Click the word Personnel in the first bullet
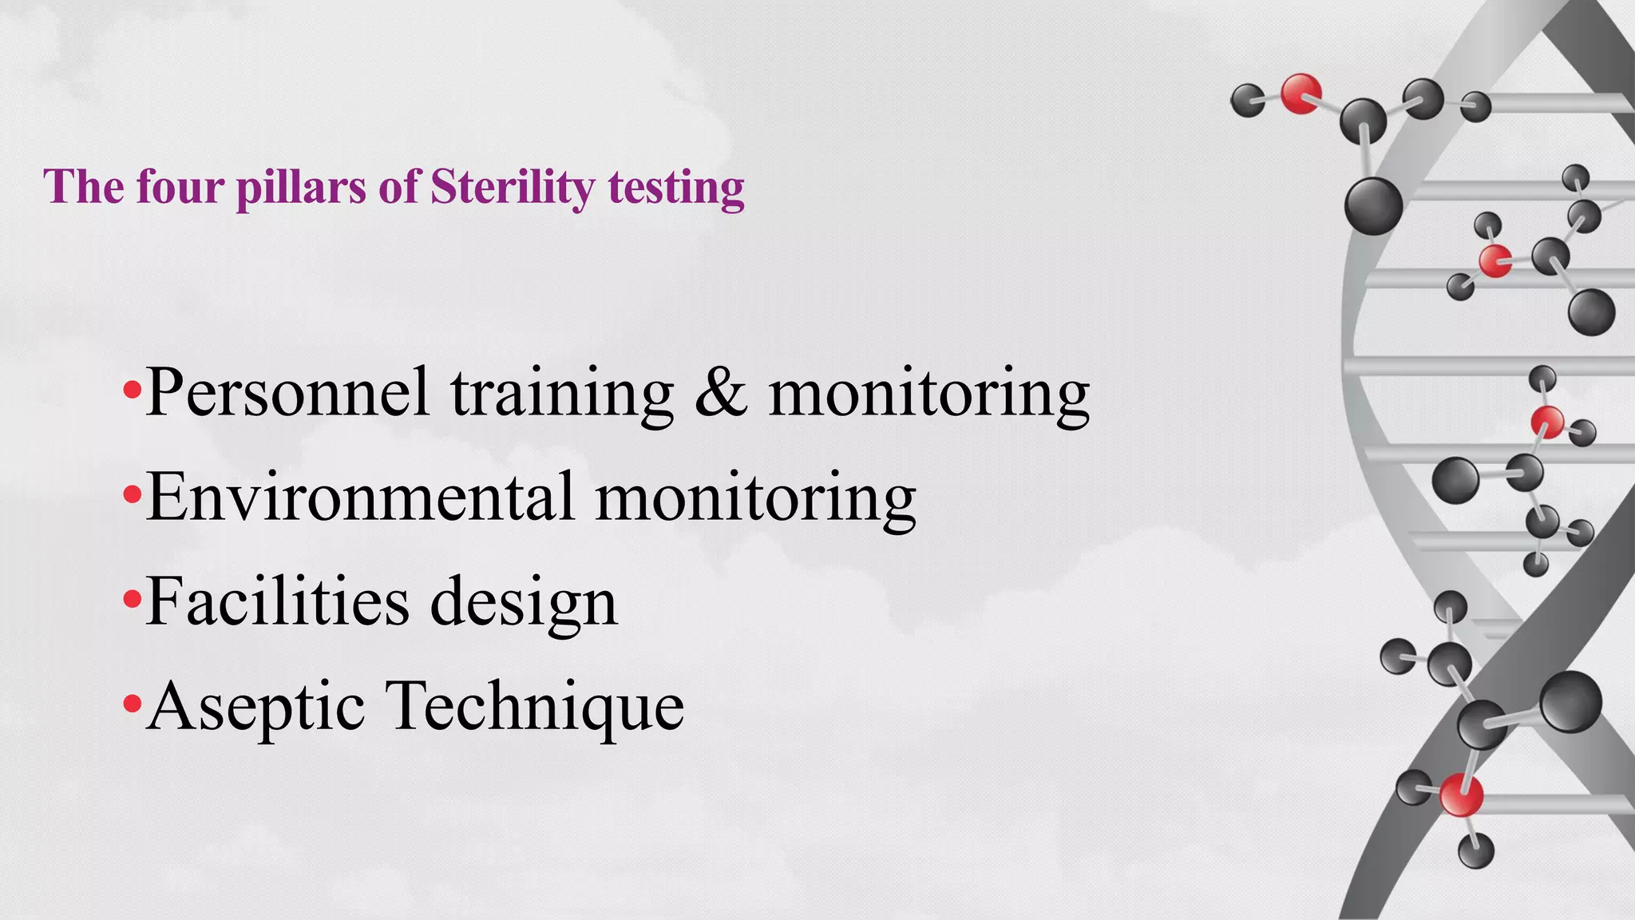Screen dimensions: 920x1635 pyautogui.click(x=287, y=393)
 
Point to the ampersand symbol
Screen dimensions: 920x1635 pyautogui.click(x=721, y=393)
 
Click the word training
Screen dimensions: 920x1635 pyautogui.click(x=562, y=393)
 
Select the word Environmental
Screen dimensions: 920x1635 pyautogui.click(x=360, y=497)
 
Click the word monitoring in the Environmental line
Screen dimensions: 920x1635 pyautogui.click(x=755, y=497)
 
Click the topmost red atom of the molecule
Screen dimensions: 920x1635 pyautogui.click(x=1300, y=93)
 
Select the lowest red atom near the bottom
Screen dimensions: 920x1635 pyautogui.click(x=1461, y=795)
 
